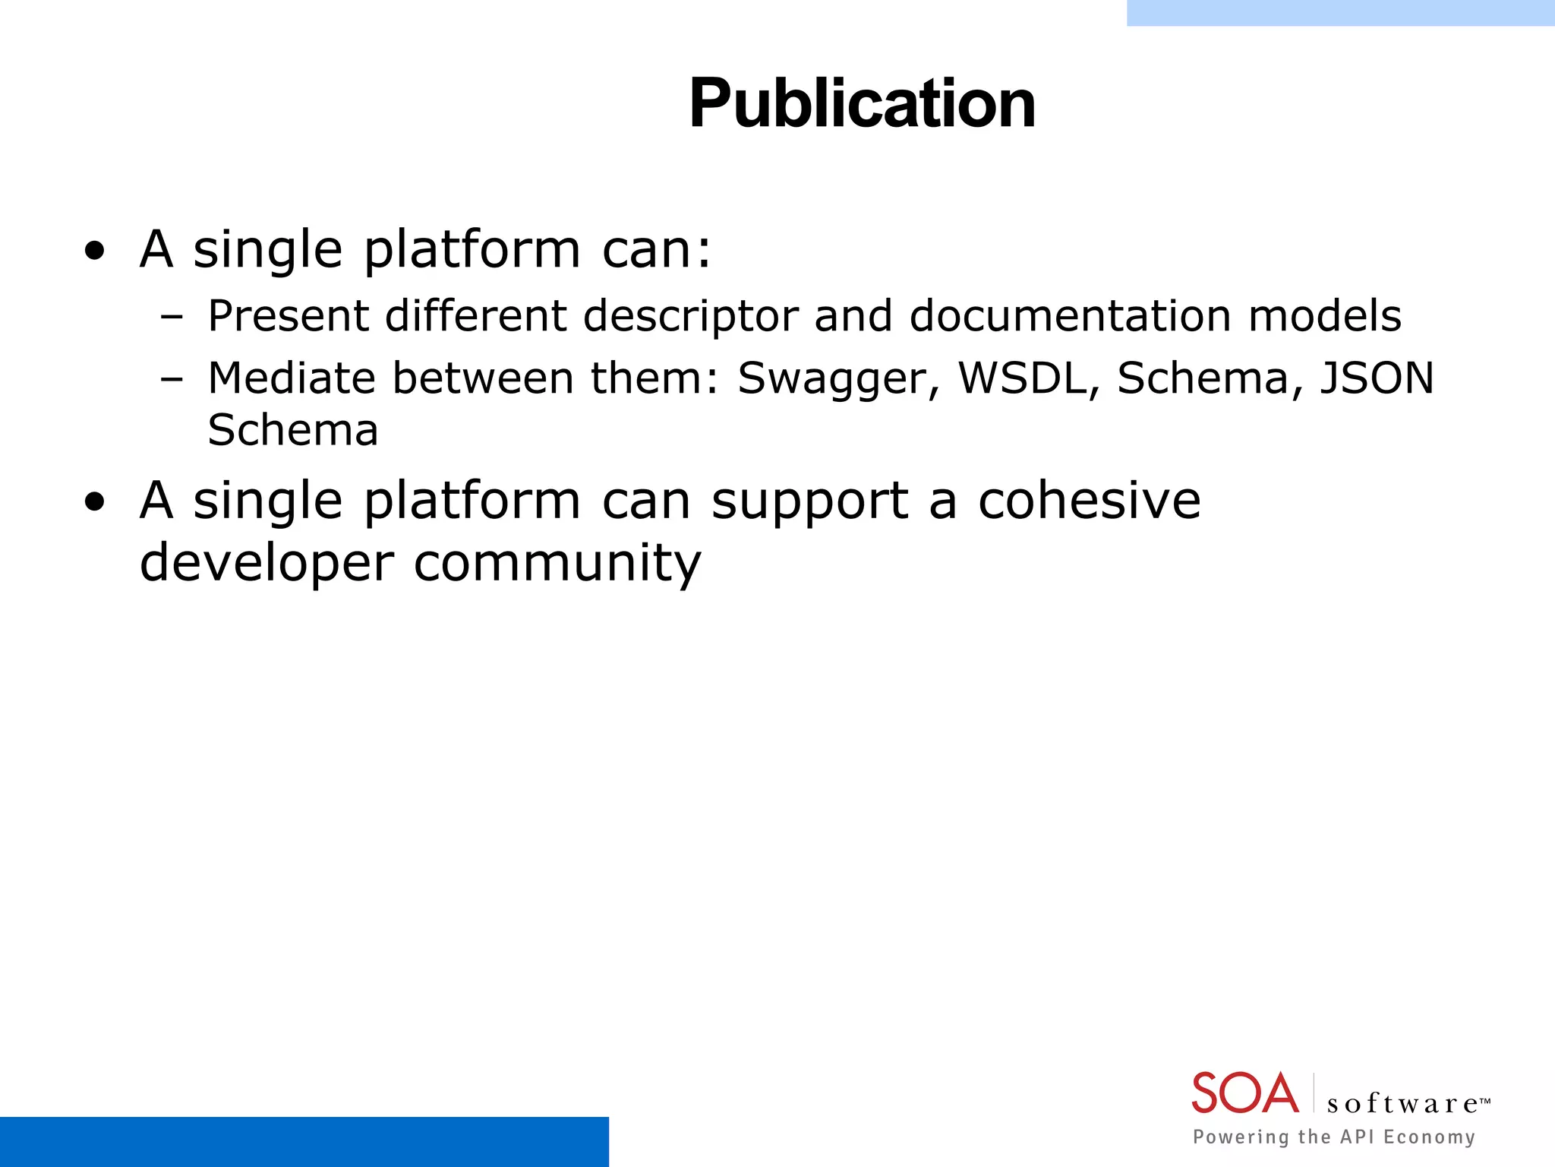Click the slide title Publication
click(862, 104)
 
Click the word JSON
click(1377, 378)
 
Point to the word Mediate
click(292, 378)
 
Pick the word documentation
click(1070, 316)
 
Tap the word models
click(1325, 316)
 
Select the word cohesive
click(1089, 501)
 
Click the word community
click(557, 564)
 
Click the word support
click(809, 501)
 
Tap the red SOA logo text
click(1244, 1093)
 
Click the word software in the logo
click(1402, 1103)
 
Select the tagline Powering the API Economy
click(1334, 1137)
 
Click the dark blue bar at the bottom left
click(304, 1141)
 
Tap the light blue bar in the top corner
click(1340, 13)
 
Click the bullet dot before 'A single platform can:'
click(95, 251)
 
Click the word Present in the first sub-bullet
click(289, 316)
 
